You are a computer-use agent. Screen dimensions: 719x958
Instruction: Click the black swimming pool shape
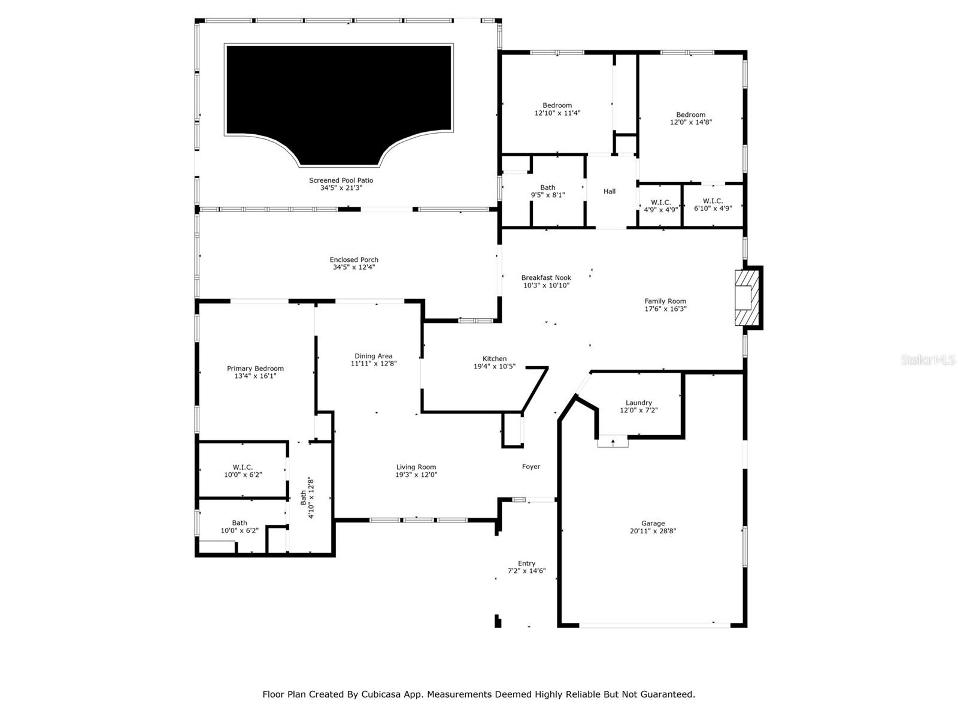point(338,90)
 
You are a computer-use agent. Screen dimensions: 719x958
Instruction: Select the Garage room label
point(653,523)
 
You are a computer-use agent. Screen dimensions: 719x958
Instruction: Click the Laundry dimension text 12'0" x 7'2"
point(638,410)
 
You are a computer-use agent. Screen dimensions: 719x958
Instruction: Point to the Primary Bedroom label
point(255,368)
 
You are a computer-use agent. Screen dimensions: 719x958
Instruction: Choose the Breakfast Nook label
point(546,277)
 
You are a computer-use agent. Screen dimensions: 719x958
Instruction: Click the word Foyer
point(531,467)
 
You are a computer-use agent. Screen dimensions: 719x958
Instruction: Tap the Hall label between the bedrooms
point(610,192)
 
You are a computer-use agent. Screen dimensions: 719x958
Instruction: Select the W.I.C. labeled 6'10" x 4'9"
point(713,205)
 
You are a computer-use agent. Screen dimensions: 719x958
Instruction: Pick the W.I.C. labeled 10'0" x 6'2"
point(242,470)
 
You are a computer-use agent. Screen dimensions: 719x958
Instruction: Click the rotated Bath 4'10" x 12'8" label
point(307,497)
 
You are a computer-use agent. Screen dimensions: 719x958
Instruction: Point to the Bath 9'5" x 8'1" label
point(547,191)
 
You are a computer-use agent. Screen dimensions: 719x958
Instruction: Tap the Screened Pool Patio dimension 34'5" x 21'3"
point(341,188)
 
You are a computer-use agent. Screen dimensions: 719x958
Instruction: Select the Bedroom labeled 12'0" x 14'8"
point(690,118)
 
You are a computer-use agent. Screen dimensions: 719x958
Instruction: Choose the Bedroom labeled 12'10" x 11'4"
point(557,109)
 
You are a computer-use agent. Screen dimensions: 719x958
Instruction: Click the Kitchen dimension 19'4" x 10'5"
point(495,366)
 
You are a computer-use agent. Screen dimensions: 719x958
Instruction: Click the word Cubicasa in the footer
point(384,694)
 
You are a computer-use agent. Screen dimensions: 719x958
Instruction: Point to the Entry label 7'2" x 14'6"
point(526,567)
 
